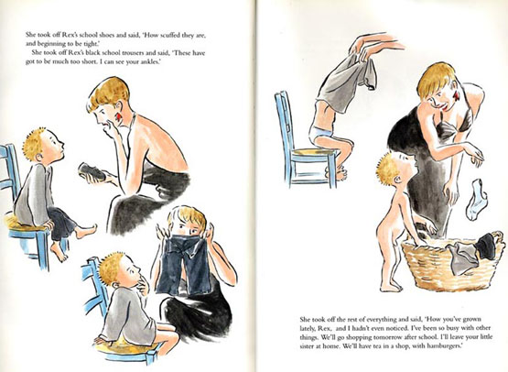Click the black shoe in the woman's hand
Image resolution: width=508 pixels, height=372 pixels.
click(92, 172)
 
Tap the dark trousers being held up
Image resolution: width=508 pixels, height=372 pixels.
click(184, 264)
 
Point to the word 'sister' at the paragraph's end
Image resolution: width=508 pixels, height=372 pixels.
click(307, 346)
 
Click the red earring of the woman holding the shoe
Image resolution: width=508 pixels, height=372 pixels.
click(119, 116)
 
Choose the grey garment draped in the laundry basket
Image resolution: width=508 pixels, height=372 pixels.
click(462, 257)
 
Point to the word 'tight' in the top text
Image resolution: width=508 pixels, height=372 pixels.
click(91, 44)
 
